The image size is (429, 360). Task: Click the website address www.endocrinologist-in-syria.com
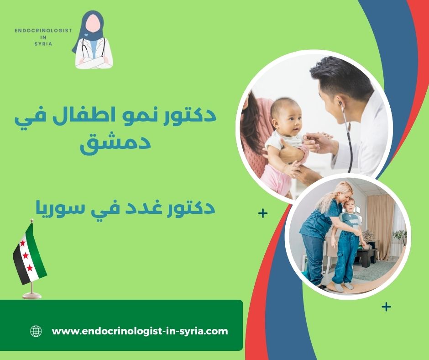(140, 331)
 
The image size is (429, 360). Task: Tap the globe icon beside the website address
(36, 331)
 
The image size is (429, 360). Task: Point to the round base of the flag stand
(31, 295)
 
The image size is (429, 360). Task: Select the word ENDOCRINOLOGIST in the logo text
(43, 30)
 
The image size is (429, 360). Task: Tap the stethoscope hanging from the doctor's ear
(349, 137)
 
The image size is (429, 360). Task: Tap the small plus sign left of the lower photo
(262, 213)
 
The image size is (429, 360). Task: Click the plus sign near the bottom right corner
(386, 307)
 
